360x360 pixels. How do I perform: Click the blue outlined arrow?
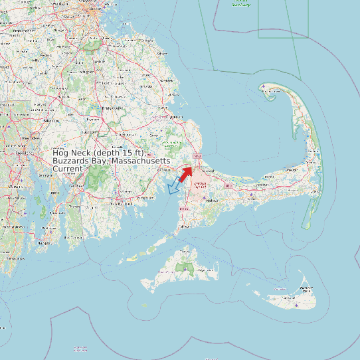click(x=175, y=185)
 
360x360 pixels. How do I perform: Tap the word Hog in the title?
click(x=61, y=153)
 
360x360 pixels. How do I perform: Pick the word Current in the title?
click(x=68, y=169)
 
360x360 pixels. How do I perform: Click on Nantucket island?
click(x=292, y=296)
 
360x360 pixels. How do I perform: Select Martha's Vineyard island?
click(x=183, y=269)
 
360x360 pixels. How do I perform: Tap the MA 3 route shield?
click(x=197, y=156)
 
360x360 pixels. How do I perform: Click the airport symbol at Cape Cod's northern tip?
click(x=264, y=87)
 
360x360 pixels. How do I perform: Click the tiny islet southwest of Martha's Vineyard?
click(x=143, y=305)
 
